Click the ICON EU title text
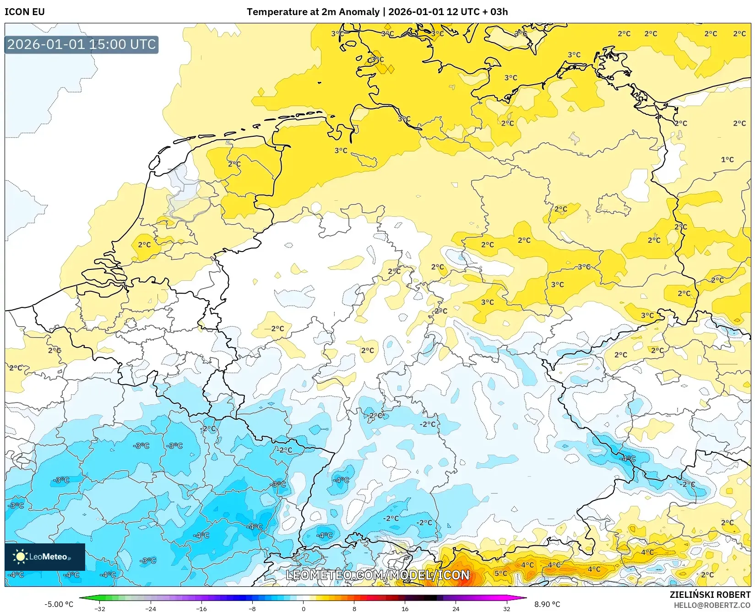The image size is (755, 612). coord(25,12)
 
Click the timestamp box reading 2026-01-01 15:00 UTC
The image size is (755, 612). coord(81,45)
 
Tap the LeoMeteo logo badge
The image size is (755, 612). coord(45,557)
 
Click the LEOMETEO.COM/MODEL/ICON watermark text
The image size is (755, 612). coord(378,575)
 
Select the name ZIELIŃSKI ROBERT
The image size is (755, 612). coord(710,595)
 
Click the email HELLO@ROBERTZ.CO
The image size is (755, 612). coord(712,605)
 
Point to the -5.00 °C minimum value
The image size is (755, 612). coord(59,604)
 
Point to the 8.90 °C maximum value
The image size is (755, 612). coord(547,604)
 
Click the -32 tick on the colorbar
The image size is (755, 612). coord(100,608)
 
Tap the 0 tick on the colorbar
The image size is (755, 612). coord(303,608)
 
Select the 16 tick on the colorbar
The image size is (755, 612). coord(405,608)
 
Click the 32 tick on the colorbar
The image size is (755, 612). coord(506,608)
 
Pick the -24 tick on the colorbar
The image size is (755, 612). coord(151,608)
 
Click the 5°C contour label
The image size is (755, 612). coord(500,573)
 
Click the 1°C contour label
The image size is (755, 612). coord(727,160)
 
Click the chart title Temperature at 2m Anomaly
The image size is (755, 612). coord(313,12)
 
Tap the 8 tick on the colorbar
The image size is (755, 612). coord(354,608)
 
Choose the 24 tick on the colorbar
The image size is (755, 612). coord(456,608)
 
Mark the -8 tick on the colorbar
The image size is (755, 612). coord(252,608)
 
